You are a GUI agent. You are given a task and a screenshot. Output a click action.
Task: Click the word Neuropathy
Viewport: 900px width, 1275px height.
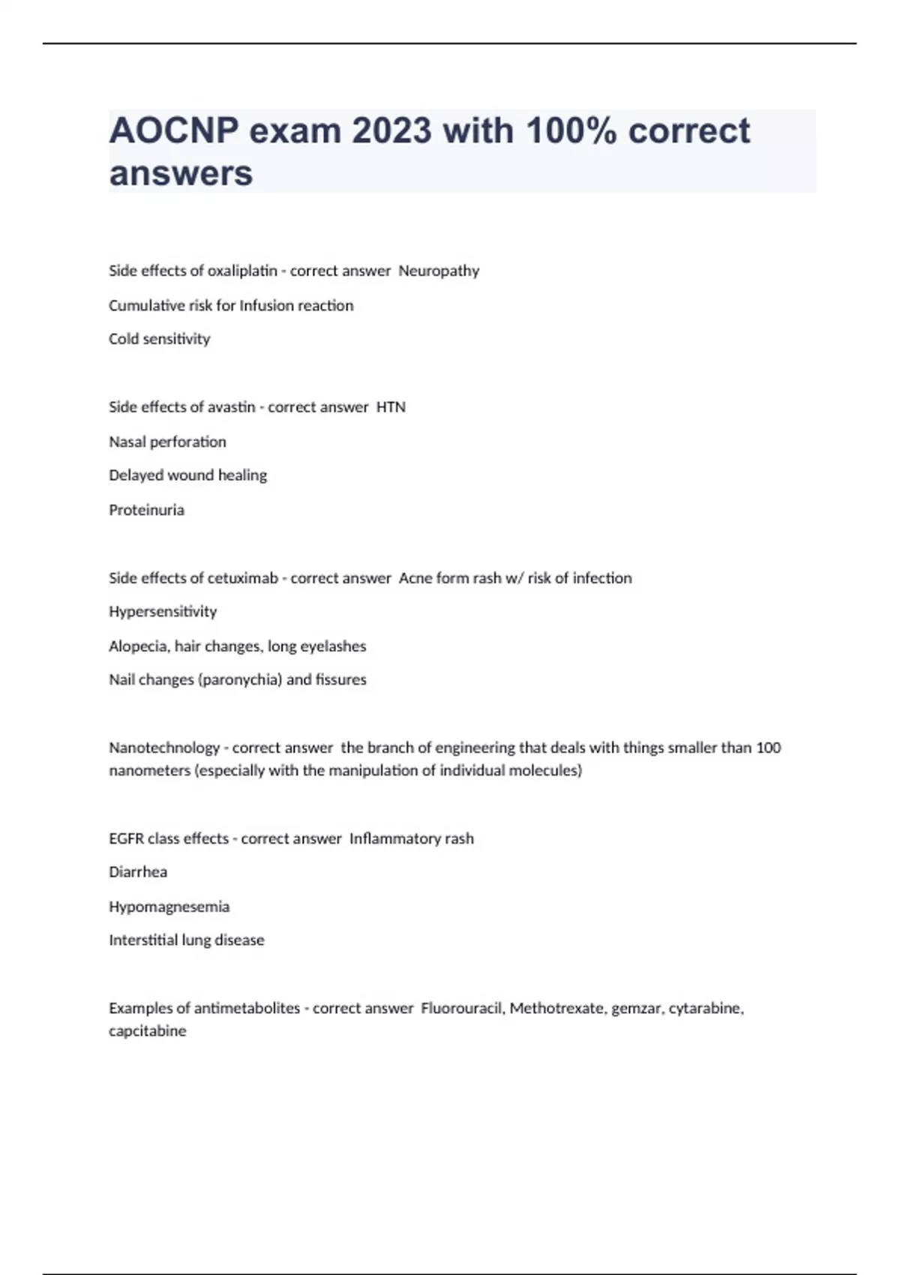439,271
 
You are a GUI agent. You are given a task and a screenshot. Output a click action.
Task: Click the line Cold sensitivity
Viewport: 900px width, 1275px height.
160,339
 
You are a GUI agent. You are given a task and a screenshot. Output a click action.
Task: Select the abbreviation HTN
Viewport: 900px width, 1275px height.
391,407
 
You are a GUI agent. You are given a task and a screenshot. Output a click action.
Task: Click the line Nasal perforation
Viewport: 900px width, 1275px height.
167,442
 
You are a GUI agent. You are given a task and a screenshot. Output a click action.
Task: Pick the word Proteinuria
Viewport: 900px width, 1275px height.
146,510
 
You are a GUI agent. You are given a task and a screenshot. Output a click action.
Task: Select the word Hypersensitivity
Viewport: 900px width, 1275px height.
163,612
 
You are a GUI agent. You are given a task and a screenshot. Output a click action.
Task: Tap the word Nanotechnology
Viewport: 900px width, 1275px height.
164,748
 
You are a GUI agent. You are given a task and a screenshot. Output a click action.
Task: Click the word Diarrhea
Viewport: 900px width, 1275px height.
138,872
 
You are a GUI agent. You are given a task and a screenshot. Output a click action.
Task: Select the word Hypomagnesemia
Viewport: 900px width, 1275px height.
169,907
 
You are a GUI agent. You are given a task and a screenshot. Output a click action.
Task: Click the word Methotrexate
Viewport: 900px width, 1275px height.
559,1009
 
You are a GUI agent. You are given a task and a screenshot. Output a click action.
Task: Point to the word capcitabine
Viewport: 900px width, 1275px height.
148,1031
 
